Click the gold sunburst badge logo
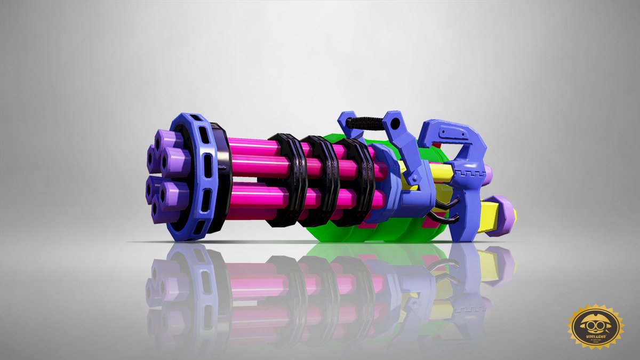[x=595, y=326]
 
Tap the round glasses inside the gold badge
[x=595, y=322]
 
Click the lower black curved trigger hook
[x=448, y=218]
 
